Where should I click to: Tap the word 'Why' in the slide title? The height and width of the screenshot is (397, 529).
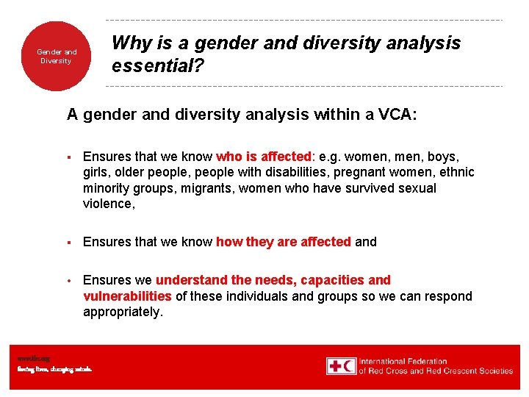coord(132,43)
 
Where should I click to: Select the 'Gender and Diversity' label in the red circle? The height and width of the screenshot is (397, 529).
coord(57,57)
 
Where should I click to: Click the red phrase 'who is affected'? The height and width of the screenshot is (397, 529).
coord(264,157)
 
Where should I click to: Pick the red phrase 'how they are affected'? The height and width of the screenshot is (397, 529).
coord(284,242)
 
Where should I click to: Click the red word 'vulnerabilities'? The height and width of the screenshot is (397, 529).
coord(127,296)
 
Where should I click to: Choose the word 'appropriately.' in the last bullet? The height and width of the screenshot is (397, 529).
coord(123,312)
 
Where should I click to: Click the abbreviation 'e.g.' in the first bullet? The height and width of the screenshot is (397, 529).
coord(330,157)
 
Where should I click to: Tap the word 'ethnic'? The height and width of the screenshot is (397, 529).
coord(456,173)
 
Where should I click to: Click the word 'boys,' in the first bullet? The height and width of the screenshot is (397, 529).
coord(443,157)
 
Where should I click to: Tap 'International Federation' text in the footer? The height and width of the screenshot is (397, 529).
coord(403,361)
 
